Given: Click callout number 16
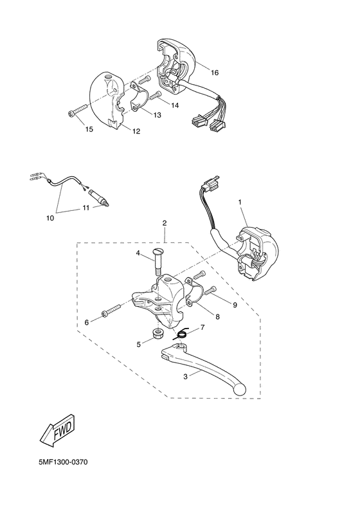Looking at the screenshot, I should tap(214, 73).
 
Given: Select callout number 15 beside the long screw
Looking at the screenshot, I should tap(89, 129).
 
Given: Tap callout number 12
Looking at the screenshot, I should tap(136, 131).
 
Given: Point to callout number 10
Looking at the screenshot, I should tap(50, 219).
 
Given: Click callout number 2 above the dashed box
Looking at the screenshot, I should tap(165, 223).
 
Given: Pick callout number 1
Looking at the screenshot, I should tap(240, 202).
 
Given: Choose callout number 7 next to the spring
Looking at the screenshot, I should tap(203, 327).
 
